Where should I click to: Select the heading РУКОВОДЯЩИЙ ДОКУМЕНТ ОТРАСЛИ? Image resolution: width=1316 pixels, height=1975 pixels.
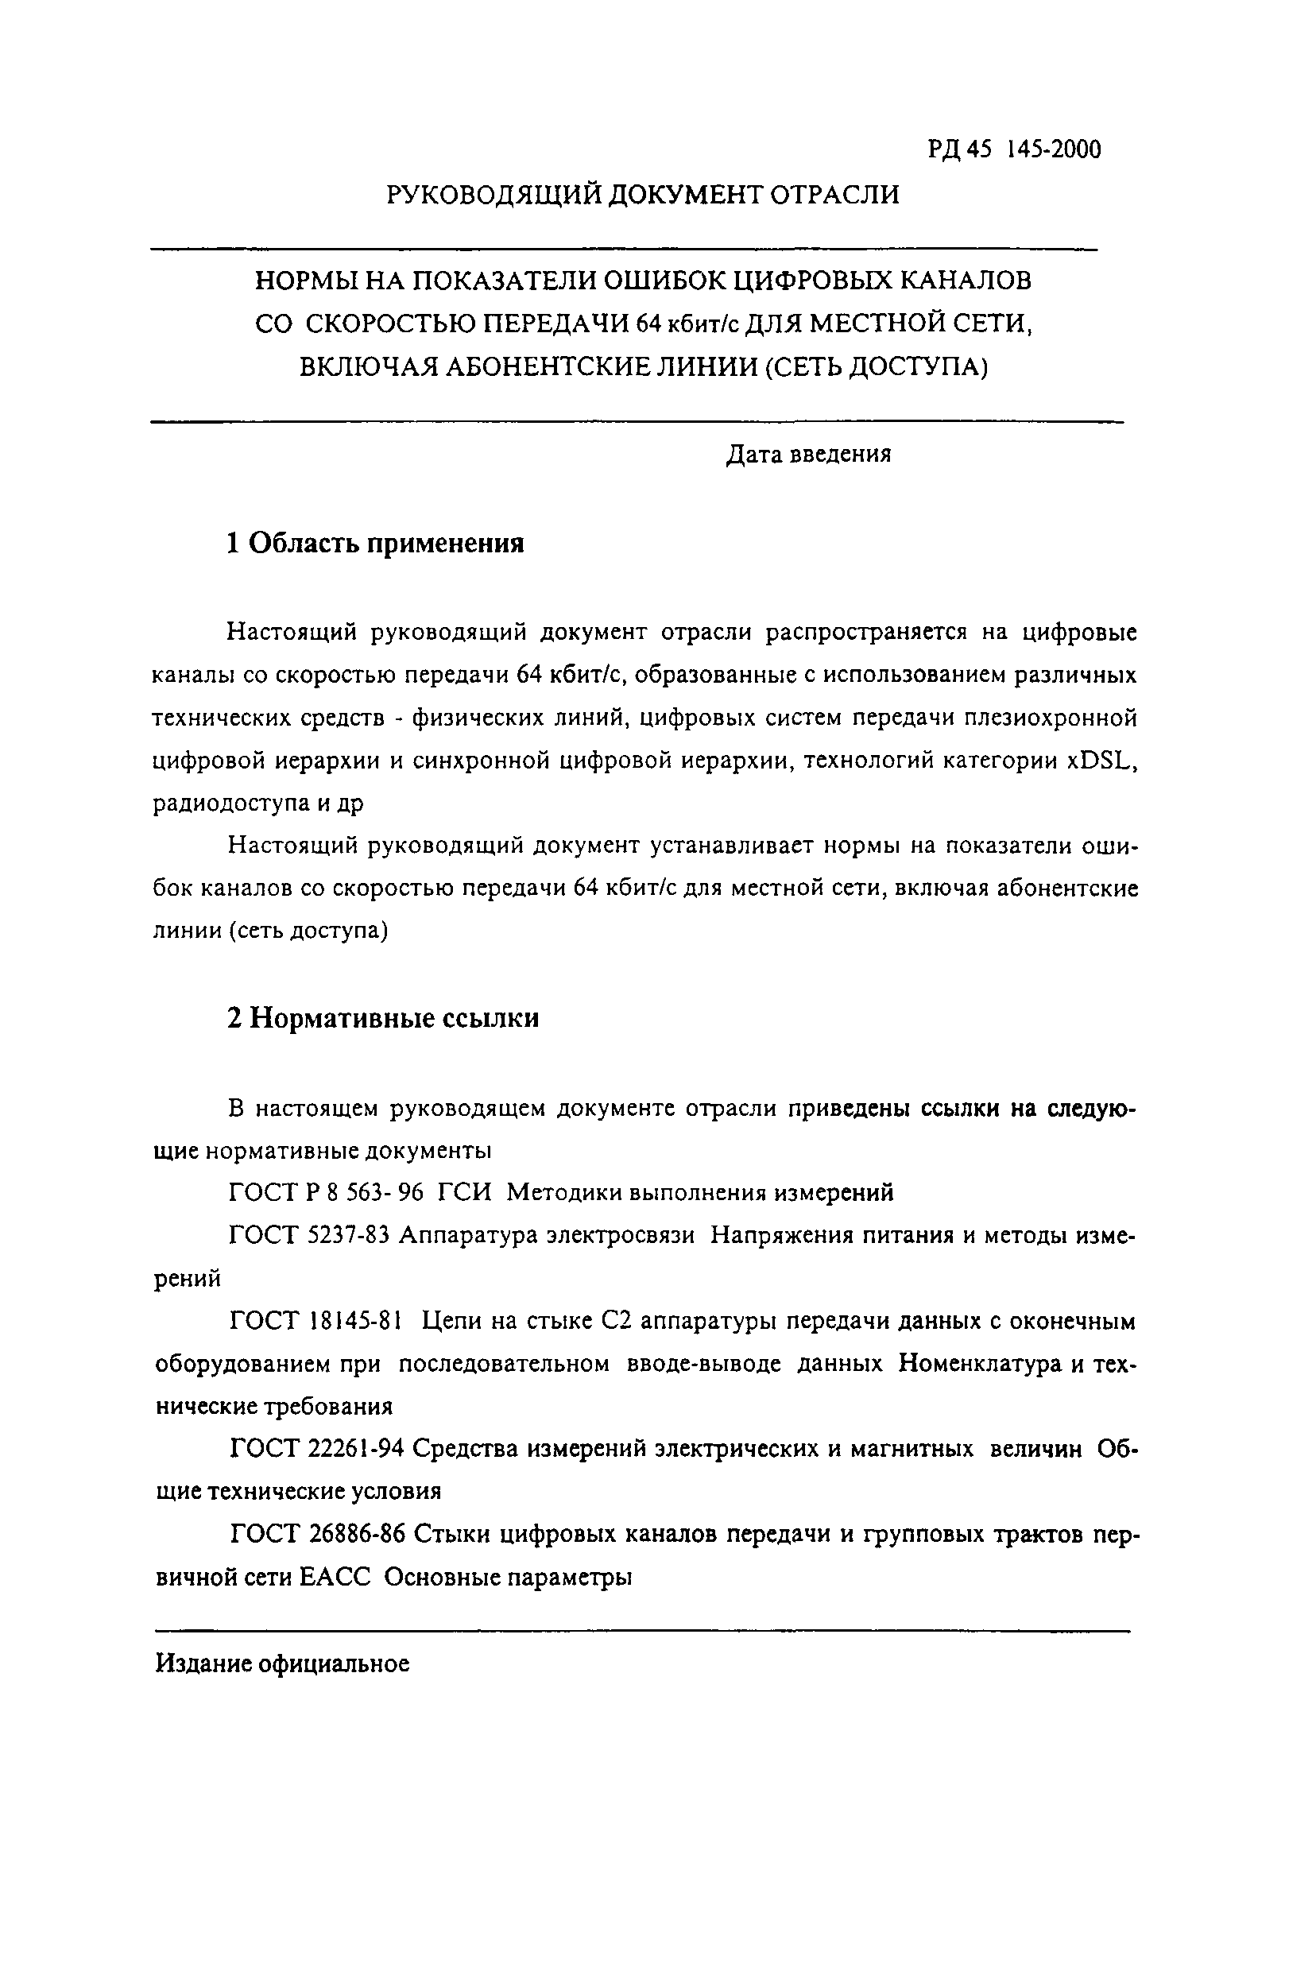(642, 195)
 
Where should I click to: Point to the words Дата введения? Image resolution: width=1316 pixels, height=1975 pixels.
(807, 454)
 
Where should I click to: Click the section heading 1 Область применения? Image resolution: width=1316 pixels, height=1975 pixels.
(375, 544)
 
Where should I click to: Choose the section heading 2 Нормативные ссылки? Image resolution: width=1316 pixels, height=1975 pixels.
(383, 1019)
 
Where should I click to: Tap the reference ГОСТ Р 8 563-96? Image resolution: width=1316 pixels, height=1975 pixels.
(327, 1192)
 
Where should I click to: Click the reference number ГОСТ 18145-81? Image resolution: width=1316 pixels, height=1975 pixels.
(316, 1321)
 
